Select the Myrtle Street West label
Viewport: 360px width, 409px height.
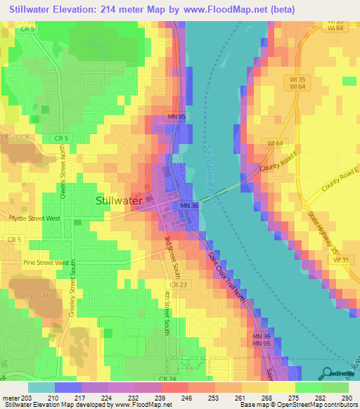pos(34,219)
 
